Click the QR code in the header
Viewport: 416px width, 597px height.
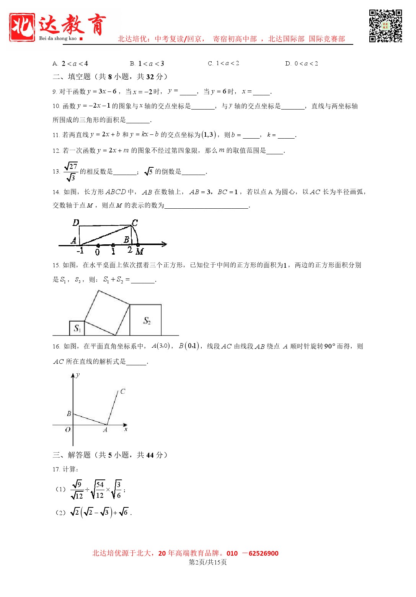click(385, 26)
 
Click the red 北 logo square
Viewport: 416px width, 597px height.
click(22, 27)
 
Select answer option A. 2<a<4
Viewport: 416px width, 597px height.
click(70, 64)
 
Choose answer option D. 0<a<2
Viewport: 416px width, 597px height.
click(302, 64)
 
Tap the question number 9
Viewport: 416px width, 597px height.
click(54, 92)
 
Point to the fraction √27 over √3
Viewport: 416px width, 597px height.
click(71, 172)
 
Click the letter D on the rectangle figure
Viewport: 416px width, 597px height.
click(76, 223)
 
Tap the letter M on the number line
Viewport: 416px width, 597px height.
click(140, 252)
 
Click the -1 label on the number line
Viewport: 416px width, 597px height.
click(80, 251)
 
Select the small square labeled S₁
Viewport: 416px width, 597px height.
click(77, 328)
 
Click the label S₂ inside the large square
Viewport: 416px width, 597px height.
click(147, 321)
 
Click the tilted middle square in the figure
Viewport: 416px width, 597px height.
click(107, 312)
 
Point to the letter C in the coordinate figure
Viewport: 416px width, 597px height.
click(122, 391)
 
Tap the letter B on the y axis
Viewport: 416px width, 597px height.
click(69, 414)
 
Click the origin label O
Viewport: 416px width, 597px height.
click(68, 430)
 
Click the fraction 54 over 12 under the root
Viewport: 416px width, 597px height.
click(100, 490)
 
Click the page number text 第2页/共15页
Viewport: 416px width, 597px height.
click(208, 562)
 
